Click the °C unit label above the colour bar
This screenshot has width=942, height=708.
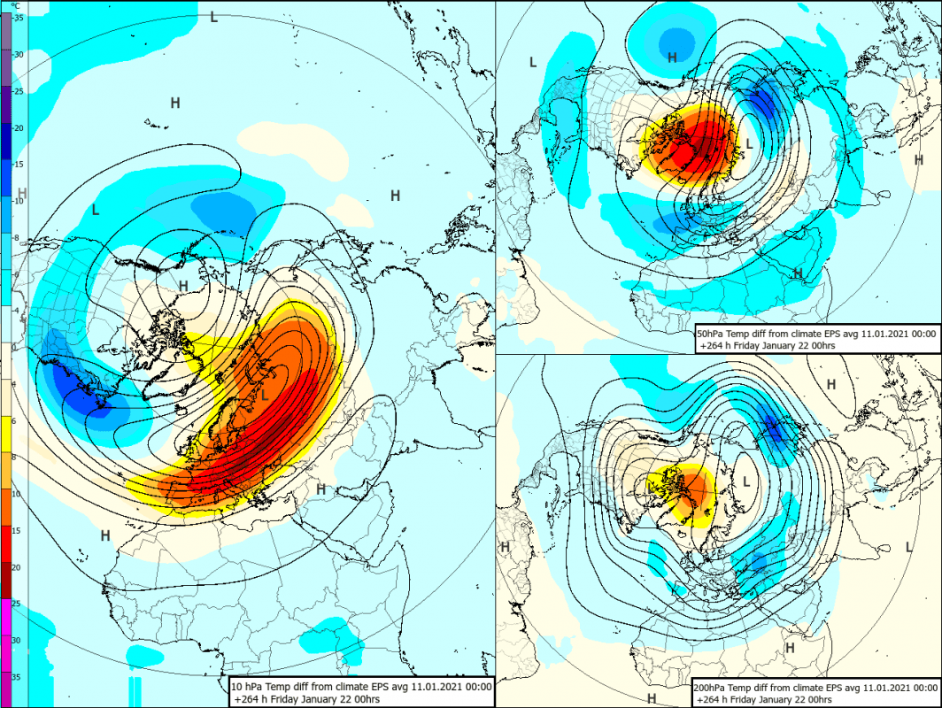click(x=15, y=5)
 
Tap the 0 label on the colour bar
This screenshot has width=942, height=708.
click(x=15, y=347)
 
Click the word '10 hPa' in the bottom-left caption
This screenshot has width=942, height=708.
click(x=249, y=686)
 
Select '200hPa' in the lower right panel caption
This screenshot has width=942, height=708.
click(x=718, y=687)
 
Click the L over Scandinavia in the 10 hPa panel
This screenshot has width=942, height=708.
click(x=265, y=395)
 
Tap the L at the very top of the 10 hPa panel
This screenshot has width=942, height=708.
click(x=213, y=16)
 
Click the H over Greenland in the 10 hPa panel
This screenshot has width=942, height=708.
click(x=183, y=285)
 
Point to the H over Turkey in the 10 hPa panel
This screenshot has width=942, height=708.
click(x=320, y=489)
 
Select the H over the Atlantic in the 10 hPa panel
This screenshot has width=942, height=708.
click(x=104, y=535)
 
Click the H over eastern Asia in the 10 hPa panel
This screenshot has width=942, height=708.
click(x=395, y=195)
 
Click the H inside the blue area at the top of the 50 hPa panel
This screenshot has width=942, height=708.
click(x=672, y=57)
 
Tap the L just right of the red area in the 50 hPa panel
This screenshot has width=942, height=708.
click(x=749, y=142)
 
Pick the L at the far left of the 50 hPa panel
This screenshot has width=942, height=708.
click(x=532, y=61)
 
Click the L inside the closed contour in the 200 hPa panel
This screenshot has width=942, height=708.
click(x=746, y=481)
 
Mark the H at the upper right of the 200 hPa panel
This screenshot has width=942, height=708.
click(x=830, y=383)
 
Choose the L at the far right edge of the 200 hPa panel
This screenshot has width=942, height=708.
click(x=908, y=547)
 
